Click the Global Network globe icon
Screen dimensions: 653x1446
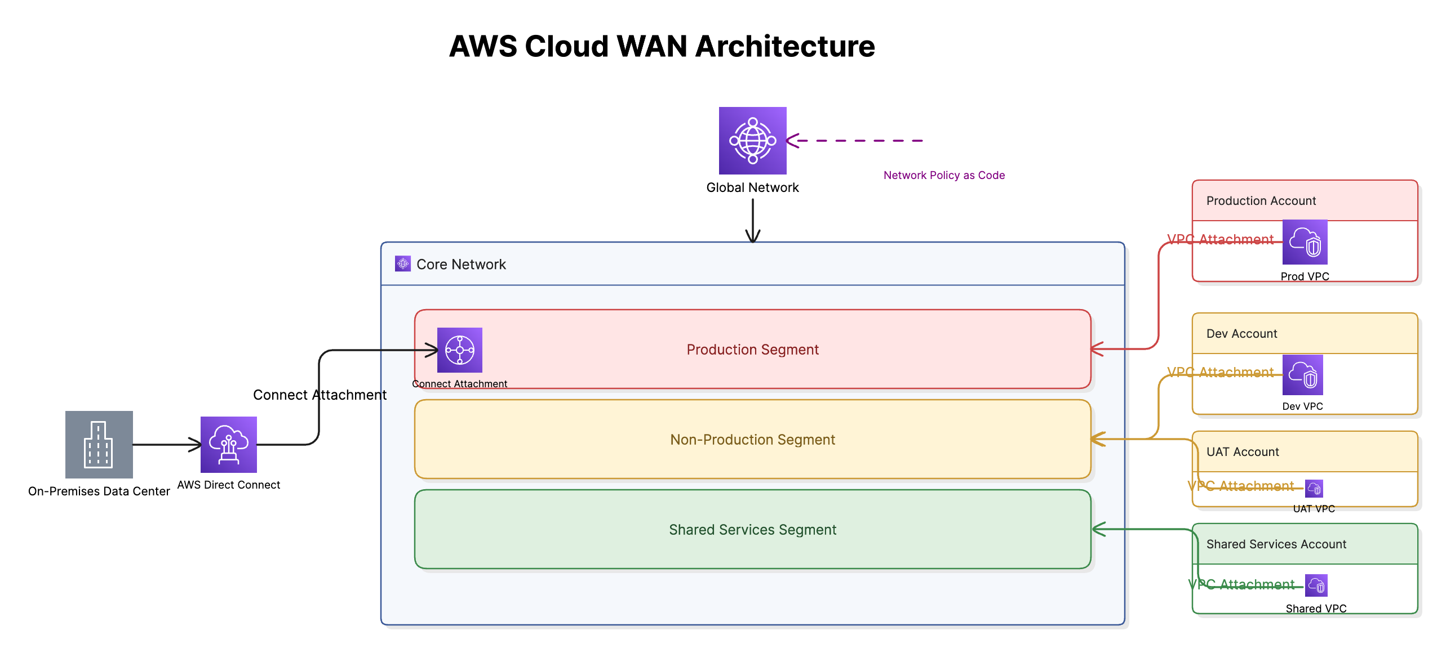tap(752, 141)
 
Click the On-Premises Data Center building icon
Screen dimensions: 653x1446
tap(99, 445)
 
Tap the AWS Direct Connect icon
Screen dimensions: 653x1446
tap(229, 445)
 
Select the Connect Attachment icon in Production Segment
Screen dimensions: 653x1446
tap(460, 350)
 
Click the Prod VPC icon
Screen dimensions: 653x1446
tap(1305, 242)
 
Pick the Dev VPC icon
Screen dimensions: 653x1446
tap(1302, 375)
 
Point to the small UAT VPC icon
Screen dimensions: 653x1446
tap(1314, 489)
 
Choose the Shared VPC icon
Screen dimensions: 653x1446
tap(1316, 585)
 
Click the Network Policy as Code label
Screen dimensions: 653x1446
tap(944, 175)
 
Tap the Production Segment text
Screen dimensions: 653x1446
tap(752, 350)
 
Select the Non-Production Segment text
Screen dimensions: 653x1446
tap(752, 440)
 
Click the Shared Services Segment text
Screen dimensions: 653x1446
tap(752, 530)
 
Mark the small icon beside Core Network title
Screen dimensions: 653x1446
tap(403, 263)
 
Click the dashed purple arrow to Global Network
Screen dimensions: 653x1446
tap(857, 141)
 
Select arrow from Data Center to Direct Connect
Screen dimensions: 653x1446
tap(167, 445)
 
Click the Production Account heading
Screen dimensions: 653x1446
tap(1261, 201)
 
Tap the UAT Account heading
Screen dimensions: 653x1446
tap(1243, 452)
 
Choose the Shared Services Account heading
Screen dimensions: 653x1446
tap(1276, 544)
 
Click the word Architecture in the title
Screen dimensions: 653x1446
tap(785, 46)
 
